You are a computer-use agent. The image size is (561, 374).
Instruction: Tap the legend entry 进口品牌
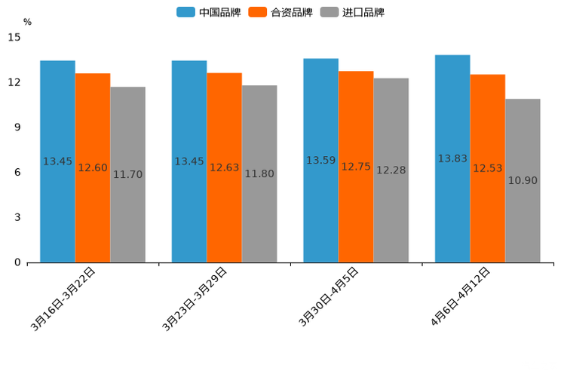pyautogui.click(x=352, y=12)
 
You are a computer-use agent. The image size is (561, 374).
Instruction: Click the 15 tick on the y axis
pyautogui.click(x=14, y=37)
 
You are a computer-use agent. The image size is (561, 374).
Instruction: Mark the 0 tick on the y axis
pyautogui.click(x=17, y=262)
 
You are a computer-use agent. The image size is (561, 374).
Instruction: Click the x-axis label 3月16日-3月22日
pyautogui.click(x=63, y=299)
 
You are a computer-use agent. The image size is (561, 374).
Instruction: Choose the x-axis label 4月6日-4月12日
pyautogui.click(x=461, y=296)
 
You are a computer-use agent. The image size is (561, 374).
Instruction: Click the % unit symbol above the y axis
pyautogui.click(x=27, y=22)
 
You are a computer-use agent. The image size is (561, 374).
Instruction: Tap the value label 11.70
pyautogui.click(x=127, y=174)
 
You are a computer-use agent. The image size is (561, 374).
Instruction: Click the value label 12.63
pyautogui.click(x=224, y=167)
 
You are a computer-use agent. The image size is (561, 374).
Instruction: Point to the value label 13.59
pyautogui.click(x=320, y=161)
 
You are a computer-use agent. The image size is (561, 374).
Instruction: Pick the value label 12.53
pyautogui.click(x=488, y=168)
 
